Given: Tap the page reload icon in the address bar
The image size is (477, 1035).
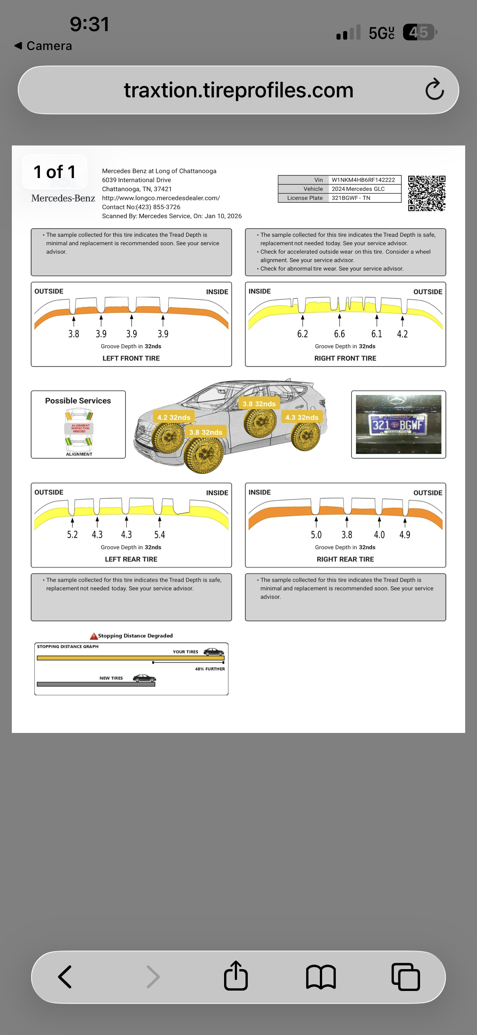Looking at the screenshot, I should [x=434, y=90].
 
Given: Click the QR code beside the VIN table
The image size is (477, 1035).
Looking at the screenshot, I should [x=426, y=193].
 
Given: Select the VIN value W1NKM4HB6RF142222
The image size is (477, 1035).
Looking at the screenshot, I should [x=363, y=180].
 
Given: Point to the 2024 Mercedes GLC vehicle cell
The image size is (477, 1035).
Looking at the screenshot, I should [x=358, y=189].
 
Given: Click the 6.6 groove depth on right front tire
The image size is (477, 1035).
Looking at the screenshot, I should [x=339, y=334].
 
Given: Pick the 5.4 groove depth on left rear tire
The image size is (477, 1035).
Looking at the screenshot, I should [x=159, y=535].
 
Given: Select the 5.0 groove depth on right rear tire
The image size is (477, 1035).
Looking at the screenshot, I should [x=316, y=535].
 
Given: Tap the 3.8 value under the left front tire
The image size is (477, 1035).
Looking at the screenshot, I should [x=74, y=334].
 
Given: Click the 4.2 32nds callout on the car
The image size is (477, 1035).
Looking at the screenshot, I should [x=173, y=418].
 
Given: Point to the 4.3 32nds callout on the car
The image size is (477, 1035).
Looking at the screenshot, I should [x=301, y=418].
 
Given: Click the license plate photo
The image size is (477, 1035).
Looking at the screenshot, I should [x=398, y=424].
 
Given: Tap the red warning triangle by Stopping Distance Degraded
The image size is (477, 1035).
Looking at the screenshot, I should [x=94, y=636].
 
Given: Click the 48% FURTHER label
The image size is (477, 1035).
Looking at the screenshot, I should [x=210, y=669].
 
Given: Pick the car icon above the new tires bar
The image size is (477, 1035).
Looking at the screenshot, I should [x=144, y=678].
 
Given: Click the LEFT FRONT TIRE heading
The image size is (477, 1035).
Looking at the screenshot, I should [x=131, y=358].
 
